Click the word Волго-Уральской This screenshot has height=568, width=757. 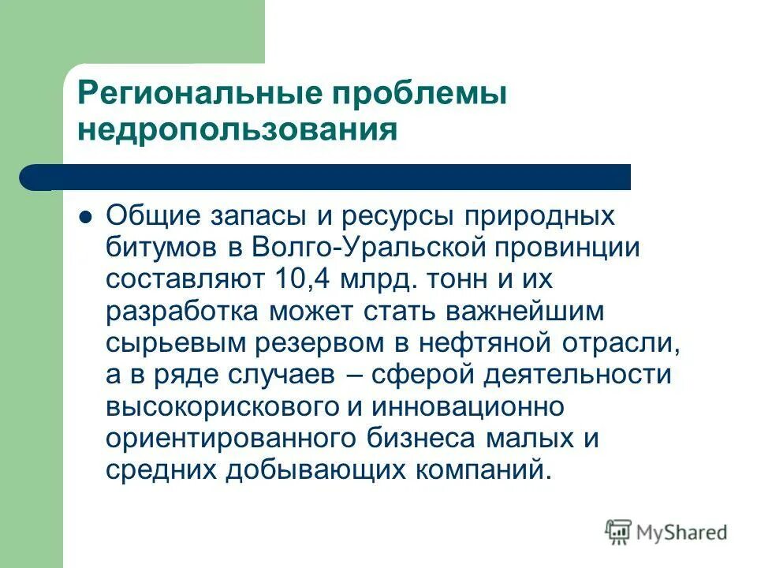click(x=371, y=248)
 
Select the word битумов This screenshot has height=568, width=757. click(x=161, y=248)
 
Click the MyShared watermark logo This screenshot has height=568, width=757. click(x=666, y=532)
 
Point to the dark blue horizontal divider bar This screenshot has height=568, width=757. click(x=331, y=177)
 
